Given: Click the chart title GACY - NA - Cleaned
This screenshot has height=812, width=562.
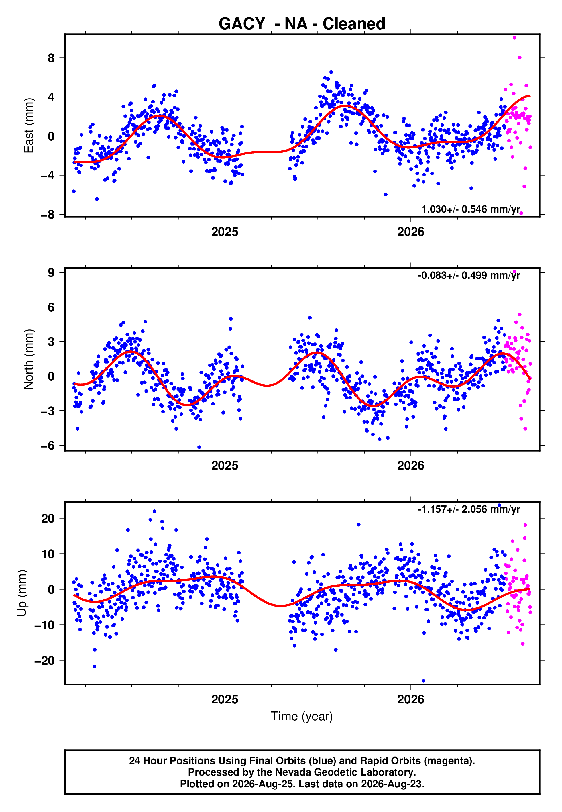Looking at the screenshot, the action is [302, 24].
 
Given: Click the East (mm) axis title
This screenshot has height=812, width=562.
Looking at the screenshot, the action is [29, 125].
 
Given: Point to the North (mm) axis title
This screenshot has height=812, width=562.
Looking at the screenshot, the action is [29, 359].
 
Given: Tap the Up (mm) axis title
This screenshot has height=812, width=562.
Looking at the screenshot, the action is [22, 593].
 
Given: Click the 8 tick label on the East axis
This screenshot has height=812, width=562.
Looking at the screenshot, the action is [51, 58].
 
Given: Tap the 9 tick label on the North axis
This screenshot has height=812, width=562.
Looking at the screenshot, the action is [51, 272].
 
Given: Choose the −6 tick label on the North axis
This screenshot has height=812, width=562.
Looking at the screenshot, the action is [48, 446].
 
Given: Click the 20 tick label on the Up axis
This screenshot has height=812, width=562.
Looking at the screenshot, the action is [48, 518].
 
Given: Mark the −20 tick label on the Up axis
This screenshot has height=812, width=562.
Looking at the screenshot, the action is [44, 660].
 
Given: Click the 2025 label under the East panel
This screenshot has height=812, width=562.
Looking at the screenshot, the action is [225, 232].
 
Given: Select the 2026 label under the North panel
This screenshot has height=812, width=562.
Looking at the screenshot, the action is [410, 466].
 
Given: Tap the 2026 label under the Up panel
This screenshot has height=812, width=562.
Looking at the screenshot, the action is [410, 699].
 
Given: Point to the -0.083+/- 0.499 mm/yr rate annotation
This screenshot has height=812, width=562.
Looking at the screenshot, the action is [469, 275].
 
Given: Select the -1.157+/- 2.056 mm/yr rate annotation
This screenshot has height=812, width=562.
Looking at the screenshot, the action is [469, 509].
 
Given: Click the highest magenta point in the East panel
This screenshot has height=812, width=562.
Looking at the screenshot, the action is [514, 38].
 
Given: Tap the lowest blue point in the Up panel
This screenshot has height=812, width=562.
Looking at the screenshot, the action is [423, 681].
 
